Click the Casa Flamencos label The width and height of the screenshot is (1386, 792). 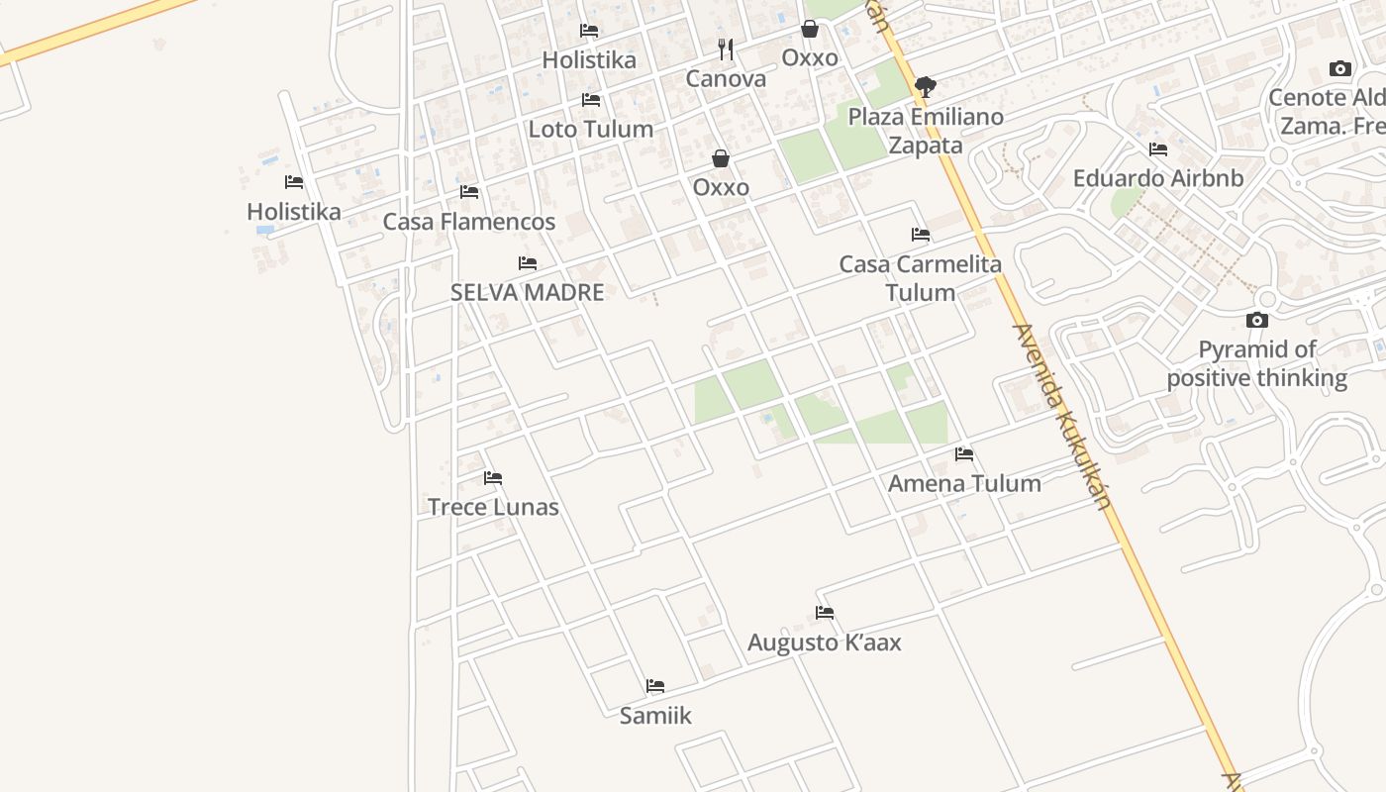[469, 222]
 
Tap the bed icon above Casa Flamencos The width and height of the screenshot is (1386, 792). [469, 191]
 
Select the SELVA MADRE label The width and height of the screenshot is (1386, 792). [527, 293]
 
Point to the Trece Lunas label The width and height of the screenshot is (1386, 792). [493, 508]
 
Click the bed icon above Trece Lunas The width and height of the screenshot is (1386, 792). [493, 478]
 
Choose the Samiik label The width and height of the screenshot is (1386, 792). [655, 716]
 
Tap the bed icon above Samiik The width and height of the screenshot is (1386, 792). [655, 686]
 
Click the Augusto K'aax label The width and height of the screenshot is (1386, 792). [825, 643]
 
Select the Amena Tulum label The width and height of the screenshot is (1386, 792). [964, 484]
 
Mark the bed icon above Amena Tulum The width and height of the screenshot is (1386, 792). [964, 454]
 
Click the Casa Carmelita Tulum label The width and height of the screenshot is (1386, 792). [921, 278]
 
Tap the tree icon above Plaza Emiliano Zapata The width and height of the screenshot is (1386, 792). [926, 87]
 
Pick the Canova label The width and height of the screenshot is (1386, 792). [727, 79]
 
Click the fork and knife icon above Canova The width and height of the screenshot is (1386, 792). [727, 49]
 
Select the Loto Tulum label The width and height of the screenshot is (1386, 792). [591, 130]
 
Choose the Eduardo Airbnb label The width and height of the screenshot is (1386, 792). [1158, 179]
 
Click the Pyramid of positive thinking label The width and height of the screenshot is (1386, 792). [1257, 364]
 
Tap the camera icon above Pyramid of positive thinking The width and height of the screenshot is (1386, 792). [1257, 320]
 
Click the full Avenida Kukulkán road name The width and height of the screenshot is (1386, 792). [1060, 417]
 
